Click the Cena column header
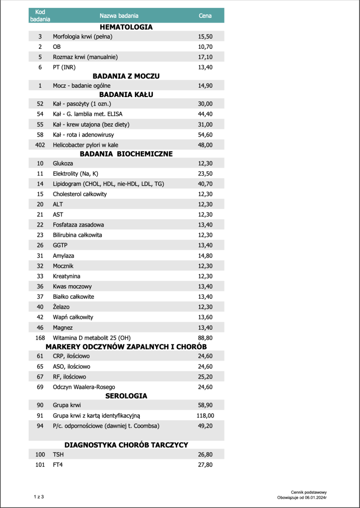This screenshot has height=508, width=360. click(x=205, y=15)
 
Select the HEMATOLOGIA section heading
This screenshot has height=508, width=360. click(x=126, y=27)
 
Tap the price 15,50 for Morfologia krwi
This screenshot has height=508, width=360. click(x=205, y=37)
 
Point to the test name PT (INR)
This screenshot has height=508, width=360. click(x=64, y=67)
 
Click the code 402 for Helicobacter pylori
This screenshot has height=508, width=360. click(x=40, y=145)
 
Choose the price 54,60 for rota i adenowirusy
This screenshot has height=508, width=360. click(x=205, y=135)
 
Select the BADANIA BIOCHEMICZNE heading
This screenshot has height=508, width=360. click(x=126, y=154)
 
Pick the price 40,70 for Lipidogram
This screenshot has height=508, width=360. click(x=205, y=184)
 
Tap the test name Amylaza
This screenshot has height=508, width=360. click(x=63, y=256)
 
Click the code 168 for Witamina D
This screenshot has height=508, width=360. click(x=40, y=338)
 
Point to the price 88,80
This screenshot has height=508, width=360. click(x=205, y=338)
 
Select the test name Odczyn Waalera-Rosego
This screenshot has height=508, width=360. click(x=84, y=387)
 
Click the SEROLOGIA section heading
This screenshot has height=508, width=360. click(x=126, y=396)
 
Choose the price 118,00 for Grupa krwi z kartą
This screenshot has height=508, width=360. click(x=205, y=416)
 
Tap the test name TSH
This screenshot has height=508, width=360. click(x=58, y=455)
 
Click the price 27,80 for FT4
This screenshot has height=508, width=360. click(x=205, y=465)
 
